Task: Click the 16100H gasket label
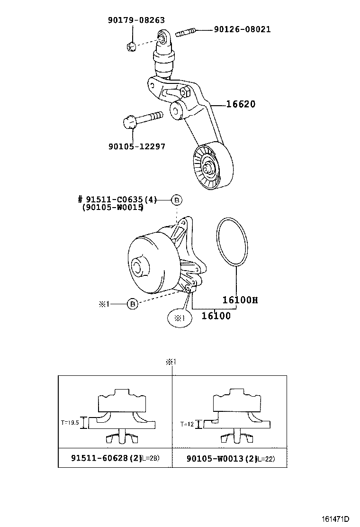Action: coord(240,300)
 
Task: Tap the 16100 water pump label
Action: coord(216,316)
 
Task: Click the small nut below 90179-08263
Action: coord(132,46)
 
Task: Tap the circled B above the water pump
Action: coord(176,200)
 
